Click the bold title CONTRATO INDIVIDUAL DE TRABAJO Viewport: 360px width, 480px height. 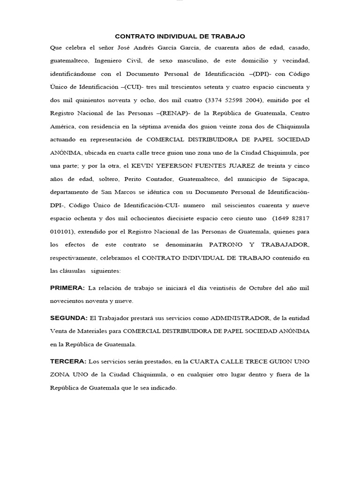180,36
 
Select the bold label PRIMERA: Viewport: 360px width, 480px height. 67,287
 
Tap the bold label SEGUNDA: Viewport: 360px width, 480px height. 69,318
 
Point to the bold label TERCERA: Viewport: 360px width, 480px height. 68,361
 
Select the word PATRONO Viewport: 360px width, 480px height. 226,244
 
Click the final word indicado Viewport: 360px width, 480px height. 162,388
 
